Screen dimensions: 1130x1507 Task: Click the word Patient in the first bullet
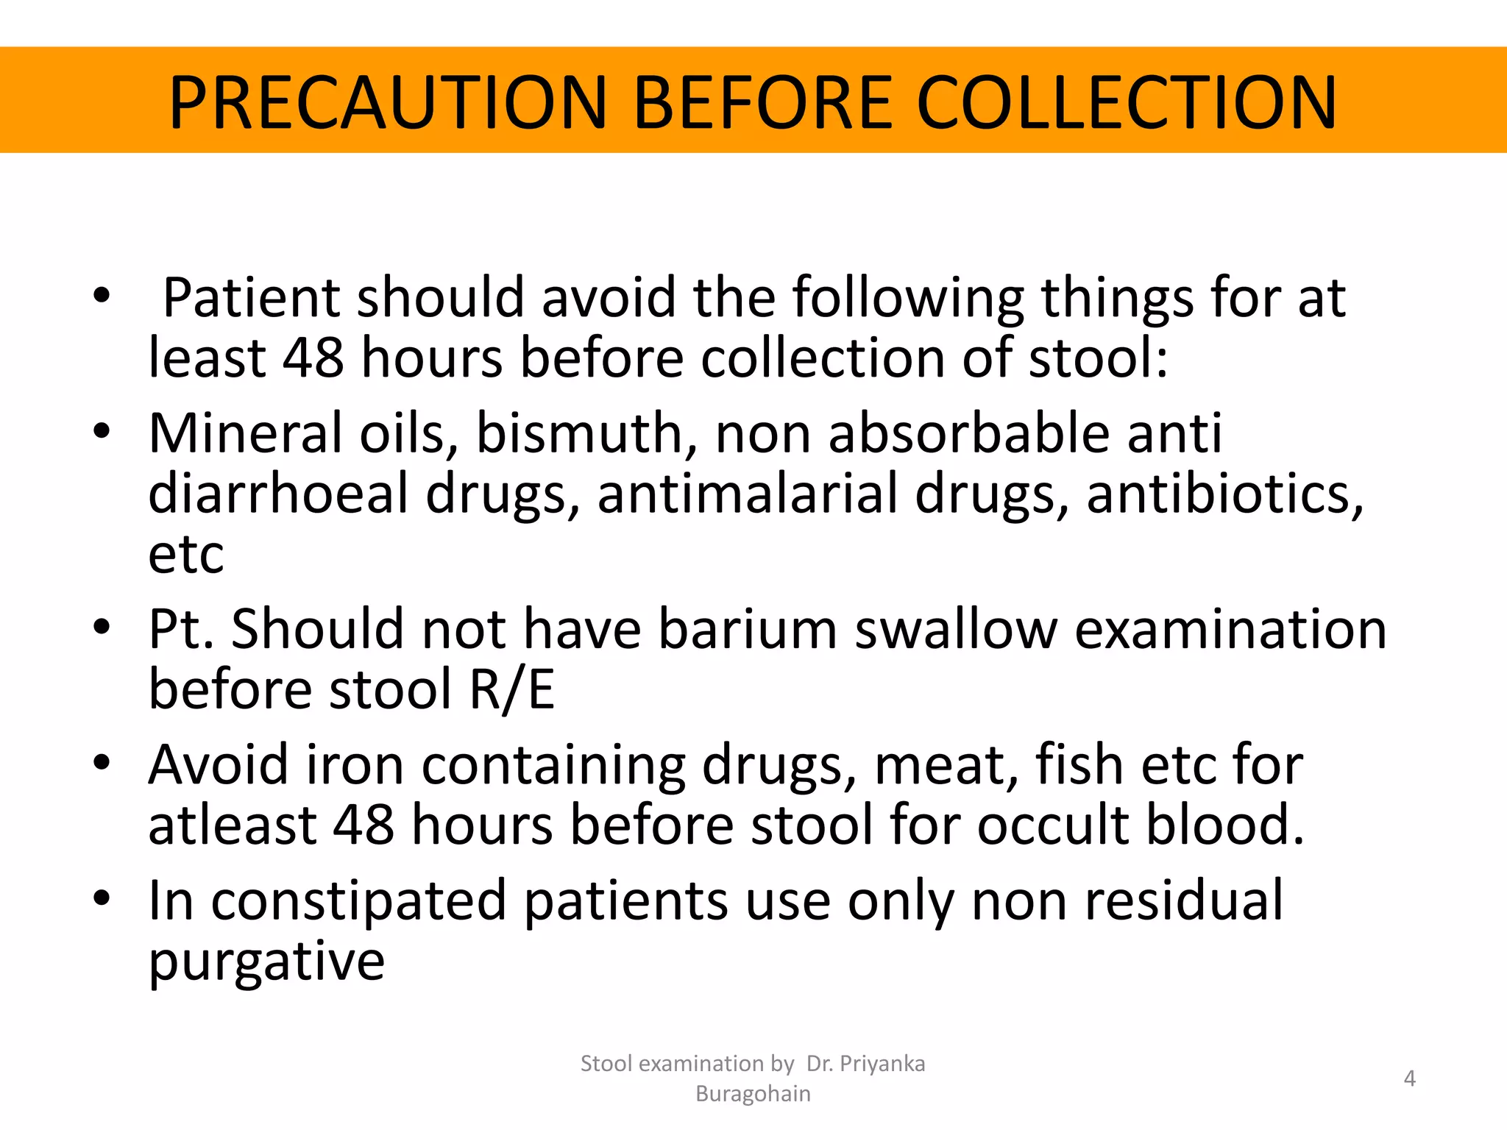click(x=251, y=298)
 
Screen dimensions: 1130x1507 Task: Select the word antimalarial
click(x=748, y=494)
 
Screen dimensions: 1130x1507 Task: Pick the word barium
click(x=748, y=630)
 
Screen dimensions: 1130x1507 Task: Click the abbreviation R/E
click(x=512, y=690)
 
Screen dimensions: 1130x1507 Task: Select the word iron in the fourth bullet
click(x=355, y=765)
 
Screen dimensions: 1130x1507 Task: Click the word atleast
click(x=233, y=825)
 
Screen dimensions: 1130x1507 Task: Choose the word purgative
click(x=266, y=962)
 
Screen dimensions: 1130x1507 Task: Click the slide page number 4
click(x=1409, y=1079)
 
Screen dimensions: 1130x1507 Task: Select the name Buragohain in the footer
click(x=753, y=1094)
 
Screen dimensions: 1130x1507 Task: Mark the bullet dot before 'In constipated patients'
click(x=102, y=899)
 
